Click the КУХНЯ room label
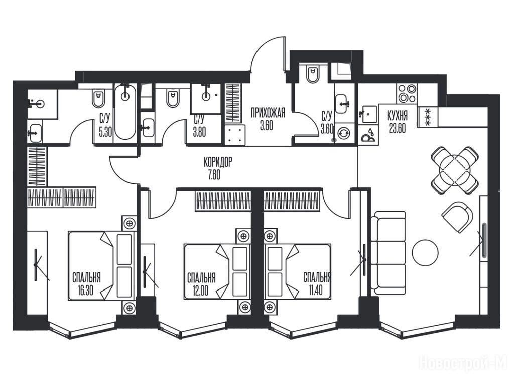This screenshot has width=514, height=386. (398, 116)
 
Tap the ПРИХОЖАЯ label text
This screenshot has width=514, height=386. (268, 113)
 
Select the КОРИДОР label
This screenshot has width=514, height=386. (218, 162)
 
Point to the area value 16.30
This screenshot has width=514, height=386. (85, 291)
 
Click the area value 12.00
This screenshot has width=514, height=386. (201, 291)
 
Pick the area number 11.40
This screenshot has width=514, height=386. (315, 291)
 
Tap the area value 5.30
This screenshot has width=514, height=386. (105, 132)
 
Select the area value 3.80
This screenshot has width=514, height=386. (199, 132)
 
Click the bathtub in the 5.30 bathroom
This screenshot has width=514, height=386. (125, 112)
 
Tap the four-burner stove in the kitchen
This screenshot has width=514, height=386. (407, 93)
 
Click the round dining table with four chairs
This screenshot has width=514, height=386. (455, 170)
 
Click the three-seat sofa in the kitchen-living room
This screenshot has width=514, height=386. (389, 253)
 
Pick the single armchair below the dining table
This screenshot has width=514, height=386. (457, 217)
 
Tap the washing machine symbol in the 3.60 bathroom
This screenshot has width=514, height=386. (343, 133)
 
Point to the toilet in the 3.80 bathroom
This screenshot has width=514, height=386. (173, 98)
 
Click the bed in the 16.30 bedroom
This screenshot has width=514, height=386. (101, 265)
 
